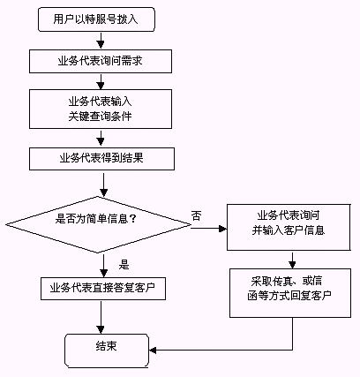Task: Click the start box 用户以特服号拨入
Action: point(96,19)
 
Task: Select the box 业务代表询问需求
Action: point(101,61)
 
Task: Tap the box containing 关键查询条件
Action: point(101,109)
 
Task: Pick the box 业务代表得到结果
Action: point(101,159)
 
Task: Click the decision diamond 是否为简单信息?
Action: point(98,224)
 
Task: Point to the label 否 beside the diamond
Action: point(197,215)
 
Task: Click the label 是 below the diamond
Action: point(124,264)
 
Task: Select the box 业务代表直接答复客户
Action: point(103,289)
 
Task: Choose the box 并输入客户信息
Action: point(289,227)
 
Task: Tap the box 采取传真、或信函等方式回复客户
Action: point(290,293)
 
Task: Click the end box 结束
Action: point(107,351)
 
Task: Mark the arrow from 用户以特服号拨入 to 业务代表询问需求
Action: point(101,41)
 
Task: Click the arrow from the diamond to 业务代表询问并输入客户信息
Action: point(209,229)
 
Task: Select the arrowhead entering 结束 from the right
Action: point(153,351)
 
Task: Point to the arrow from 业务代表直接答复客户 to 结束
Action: point(101,317)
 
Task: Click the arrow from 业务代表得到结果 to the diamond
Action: point(103,185)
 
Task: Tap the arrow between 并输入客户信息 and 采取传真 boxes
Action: point(292,260)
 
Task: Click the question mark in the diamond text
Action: point(132,219)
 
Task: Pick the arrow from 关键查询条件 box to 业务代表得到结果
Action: point(101,139)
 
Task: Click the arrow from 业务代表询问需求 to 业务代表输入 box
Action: point(101,82)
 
